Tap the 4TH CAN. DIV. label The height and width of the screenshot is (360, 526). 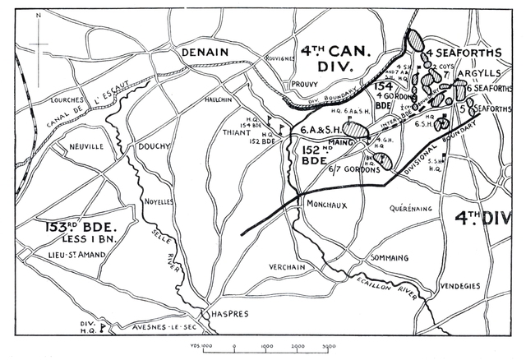[x=337, y=57]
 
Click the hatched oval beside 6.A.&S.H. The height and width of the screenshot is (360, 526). [x=354, y=128]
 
